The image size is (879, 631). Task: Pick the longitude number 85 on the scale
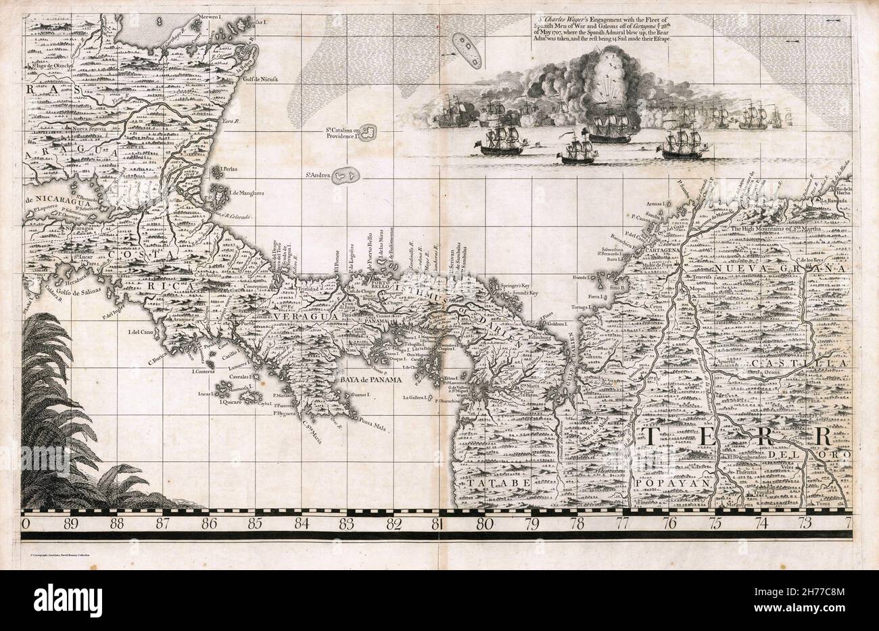[x=254, y=522]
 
